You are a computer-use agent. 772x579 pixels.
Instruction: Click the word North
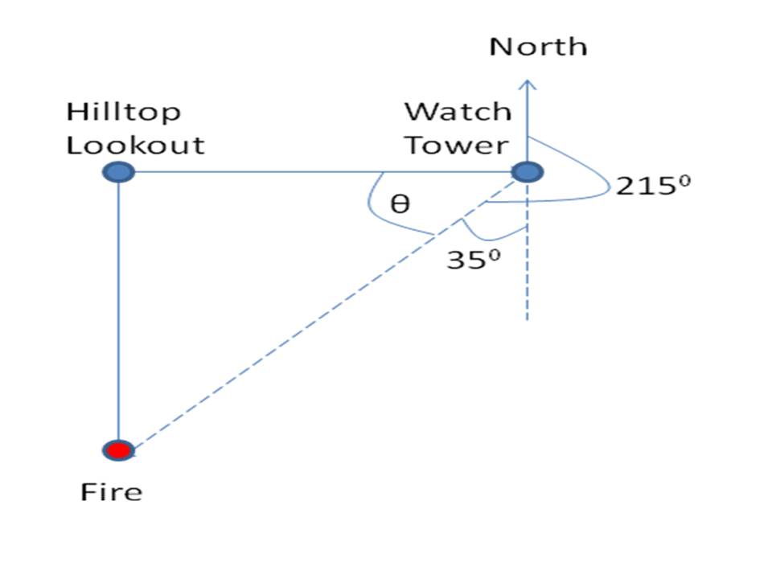[538, 46]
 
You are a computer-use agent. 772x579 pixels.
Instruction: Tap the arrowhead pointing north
[528, 83]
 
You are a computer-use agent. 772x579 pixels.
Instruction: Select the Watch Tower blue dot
[528, 171]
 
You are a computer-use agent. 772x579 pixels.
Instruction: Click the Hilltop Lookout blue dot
[118, 171]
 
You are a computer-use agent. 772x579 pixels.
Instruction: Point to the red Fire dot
[118, 450]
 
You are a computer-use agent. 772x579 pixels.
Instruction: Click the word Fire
[111, 491]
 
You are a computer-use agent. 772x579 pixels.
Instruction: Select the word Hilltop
[124, 113]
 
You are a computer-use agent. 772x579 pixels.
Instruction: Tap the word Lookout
[135, 146]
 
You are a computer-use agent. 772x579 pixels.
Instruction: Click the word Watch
[457, 112]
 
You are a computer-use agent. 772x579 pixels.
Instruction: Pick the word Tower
[457, 146]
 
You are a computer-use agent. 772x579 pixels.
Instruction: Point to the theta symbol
[400, 204]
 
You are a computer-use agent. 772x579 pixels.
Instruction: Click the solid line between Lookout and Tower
[322, 171]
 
